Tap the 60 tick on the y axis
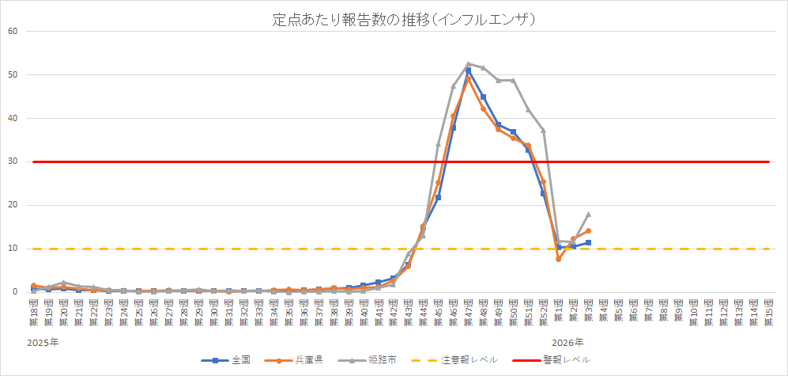(x=12, y=32)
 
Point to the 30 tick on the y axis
(x=12, y=161)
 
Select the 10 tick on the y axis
(x=12, y=249)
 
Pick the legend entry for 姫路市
(x=375, y=359)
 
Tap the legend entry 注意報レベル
(x=460, y=359)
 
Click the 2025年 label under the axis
(x=43, y=343)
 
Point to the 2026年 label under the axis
(x=567, y=343)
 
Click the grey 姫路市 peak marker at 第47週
(x=468, y=64)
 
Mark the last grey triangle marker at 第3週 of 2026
(x=588, y=215)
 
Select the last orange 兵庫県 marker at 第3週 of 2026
(x=588, y=231)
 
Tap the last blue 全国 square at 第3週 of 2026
(x=588, y=242)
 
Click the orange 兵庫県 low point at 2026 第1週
(x=558, y=259)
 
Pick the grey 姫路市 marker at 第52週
(x=543, y=131)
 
